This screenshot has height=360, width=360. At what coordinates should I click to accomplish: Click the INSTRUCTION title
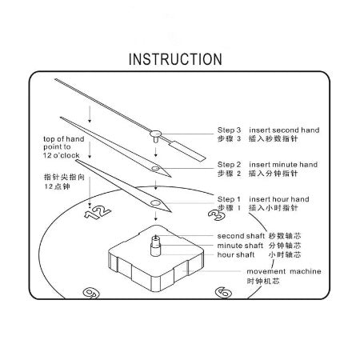pos(175,59)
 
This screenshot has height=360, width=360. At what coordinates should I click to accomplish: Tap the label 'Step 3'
pos(230,130)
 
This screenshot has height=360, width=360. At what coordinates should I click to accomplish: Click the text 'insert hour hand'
pos(279,198)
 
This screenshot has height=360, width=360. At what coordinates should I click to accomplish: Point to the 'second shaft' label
pos(242,236)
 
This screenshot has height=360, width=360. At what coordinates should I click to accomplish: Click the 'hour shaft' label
pos(235,255)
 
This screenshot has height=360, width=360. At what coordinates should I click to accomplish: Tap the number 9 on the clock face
pos(94,294)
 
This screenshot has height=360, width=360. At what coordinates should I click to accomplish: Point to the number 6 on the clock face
pos(224,294)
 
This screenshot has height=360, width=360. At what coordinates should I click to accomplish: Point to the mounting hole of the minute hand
pos(157,169)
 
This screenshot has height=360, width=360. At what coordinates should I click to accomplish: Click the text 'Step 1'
pos(230,198)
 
